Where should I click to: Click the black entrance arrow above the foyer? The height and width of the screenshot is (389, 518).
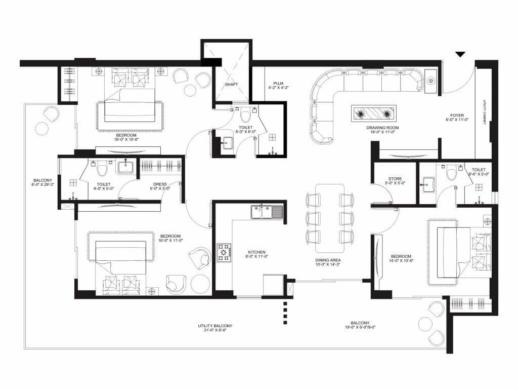click(x=460, y=54)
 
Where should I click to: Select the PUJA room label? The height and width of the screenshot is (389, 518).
click(x=278, y=82)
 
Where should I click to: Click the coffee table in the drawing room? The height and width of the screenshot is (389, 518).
click(x=375, y=113)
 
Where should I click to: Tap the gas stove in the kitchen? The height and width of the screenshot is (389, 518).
click(x=225, y=252)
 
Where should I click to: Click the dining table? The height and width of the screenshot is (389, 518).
click(x=329, y=218)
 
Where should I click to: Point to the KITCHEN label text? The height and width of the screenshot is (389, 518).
click(x=256, y=252)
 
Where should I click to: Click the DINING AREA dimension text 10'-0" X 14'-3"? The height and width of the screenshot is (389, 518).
click(x=327, y=264)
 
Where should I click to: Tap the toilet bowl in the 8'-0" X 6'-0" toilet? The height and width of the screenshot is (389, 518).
click(x=244, y=112)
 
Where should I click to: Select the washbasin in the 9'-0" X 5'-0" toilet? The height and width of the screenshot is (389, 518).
click(x=124, y=167)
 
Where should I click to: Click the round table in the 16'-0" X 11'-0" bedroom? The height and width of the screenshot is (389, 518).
click(x=200, y=284)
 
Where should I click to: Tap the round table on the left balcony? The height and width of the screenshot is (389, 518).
click(x=42, y=129)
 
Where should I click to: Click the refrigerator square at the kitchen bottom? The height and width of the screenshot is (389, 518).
click(x=273, y=285)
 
